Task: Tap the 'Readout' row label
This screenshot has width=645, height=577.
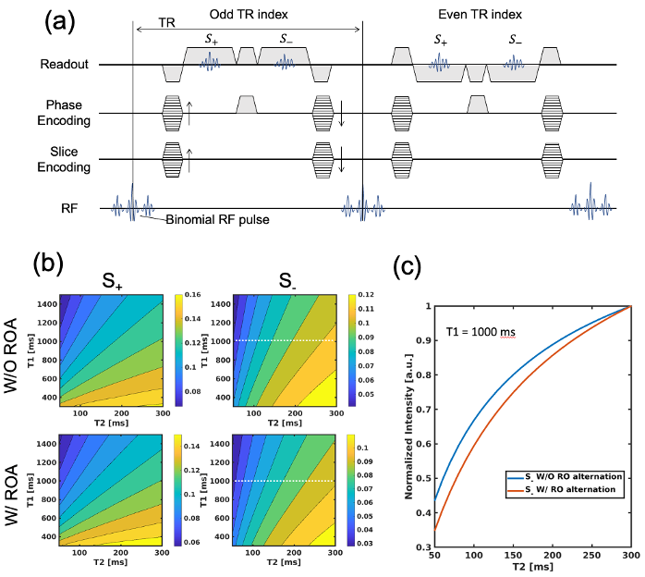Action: pyautogui.click(x=65, y=65)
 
